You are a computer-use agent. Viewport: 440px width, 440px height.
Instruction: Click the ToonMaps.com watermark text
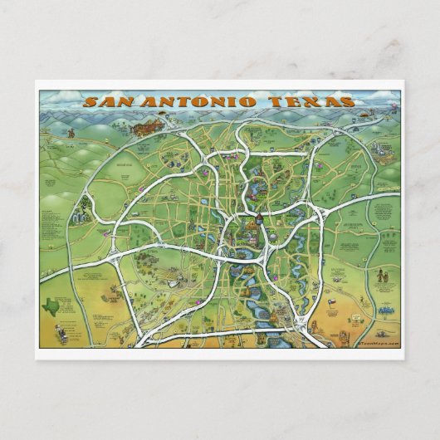pyautogui.click(x=378, y=341)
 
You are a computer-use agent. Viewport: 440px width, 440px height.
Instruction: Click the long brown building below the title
pyautogui.click(x=152, y=126)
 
